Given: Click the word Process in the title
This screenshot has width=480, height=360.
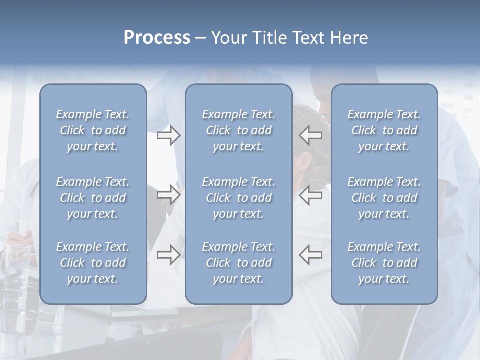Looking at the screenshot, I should (157, 38).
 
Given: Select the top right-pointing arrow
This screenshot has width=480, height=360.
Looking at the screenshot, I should (169, 135).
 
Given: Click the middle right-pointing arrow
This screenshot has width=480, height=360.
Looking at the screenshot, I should (169, 194).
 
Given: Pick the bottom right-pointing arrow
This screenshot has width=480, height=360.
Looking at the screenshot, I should (169, 254).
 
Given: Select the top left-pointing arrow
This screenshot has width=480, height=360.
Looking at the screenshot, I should (310, 135).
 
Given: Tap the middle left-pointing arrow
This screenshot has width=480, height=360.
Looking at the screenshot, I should (310, 194).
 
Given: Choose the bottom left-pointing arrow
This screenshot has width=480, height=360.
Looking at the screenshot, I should (310, 254).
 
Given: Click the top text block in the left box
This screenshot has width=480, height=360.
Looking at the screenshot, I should (93, 130).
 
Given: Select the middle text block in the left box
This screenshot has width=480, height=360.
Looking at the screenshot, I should (93, 198).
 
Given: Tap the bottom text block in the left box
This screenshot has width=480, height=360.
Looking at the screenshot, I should (93, 263).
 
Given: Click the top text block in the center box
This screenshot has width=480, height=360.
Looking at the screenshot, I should (239, 130).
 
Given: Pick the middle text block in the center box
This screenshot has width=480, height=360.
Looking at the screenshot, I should (239, 198).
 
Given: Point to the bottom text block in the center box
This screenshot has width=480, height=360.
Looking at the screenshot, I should (239, 263).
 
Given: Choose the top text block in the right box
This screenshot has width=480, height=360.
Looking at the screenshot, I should (384, 130).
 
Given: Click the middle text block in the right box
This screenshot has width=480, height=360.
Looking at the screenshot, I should (384, 198).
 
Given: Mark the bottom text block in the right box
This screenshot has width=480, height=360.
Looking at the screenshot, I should (384, 263).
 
